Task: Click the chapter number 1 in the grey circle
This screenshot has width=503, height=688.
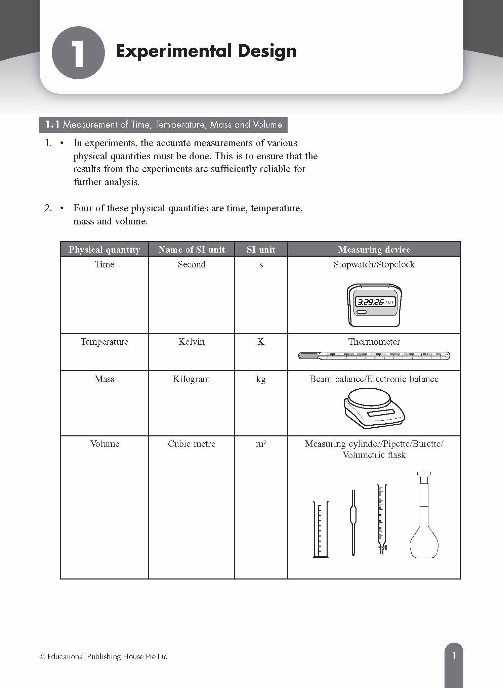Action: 78,53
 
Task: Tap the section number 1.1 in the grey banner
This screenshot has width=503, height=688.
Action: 52,125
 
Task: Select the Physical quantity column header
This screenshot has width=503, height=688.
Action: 104,250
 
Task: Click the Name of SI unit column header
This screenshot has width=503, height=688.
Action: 192,250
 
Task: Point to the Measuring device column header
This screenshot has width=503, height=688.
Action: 374,250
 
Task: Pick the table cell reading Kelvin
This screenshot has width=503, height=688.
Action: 192,342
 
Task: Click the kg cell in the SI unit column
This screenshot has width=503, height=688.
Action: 261,379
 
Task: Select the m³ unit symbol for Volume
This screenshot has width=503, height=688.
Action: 261,444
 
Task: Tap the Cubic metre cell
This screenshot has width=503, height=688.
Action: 192,444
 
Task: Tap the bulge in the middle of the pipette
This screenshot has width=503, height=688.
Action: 353,515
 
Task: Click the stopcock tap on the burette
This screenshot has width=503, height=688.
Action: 382,548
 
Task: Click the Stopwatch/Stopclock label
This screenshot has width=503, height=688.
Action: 374,264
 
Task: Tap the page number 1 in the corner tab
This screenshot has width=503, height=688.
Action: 454,655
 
